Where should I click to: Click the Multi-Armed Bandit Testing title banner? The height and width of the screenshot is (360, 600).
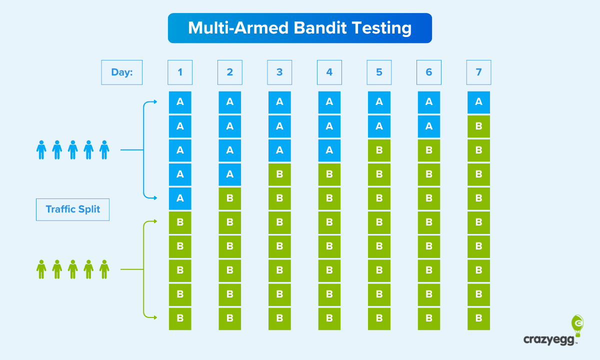299,28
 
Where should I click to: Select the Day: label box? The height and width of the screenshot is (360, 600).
122,72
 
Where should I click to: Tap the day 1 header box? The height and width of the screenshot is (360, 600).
180,72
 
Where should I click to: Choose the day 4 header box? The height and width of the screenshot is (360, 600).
329,72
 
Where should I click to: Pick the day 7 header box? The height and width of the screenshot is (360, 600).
478,72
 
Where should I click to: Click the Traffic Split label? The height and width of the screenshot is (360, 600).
72,209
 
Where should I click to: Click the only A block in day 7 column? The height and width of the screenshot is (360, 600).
478,102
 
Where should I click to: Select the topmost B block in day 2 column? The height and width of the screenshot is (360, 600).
229,198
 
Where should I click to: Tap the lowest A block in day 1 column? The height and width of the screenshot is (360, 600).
180,198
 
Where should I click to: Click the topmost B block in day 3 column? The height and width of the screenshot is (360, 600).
279,174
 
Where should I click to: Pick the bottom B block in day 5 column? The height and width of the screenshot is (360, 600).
379,318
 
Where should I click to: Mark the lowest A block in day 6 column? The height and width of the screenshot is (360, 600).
428,126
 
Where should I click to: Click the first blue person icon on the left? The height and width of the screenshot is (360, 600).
41,149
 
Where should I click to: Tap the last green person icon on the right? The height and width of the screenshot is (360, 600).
104,269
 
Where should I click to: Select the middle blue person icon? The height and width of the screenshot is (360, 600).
73,149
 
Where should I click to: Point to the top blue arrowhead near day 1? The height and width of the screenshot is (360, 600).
155,102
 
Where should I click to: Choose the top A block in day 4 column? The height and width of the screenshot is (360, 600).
329,102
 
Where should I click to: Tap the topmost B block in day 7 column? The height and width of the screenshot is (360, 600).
478,126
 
